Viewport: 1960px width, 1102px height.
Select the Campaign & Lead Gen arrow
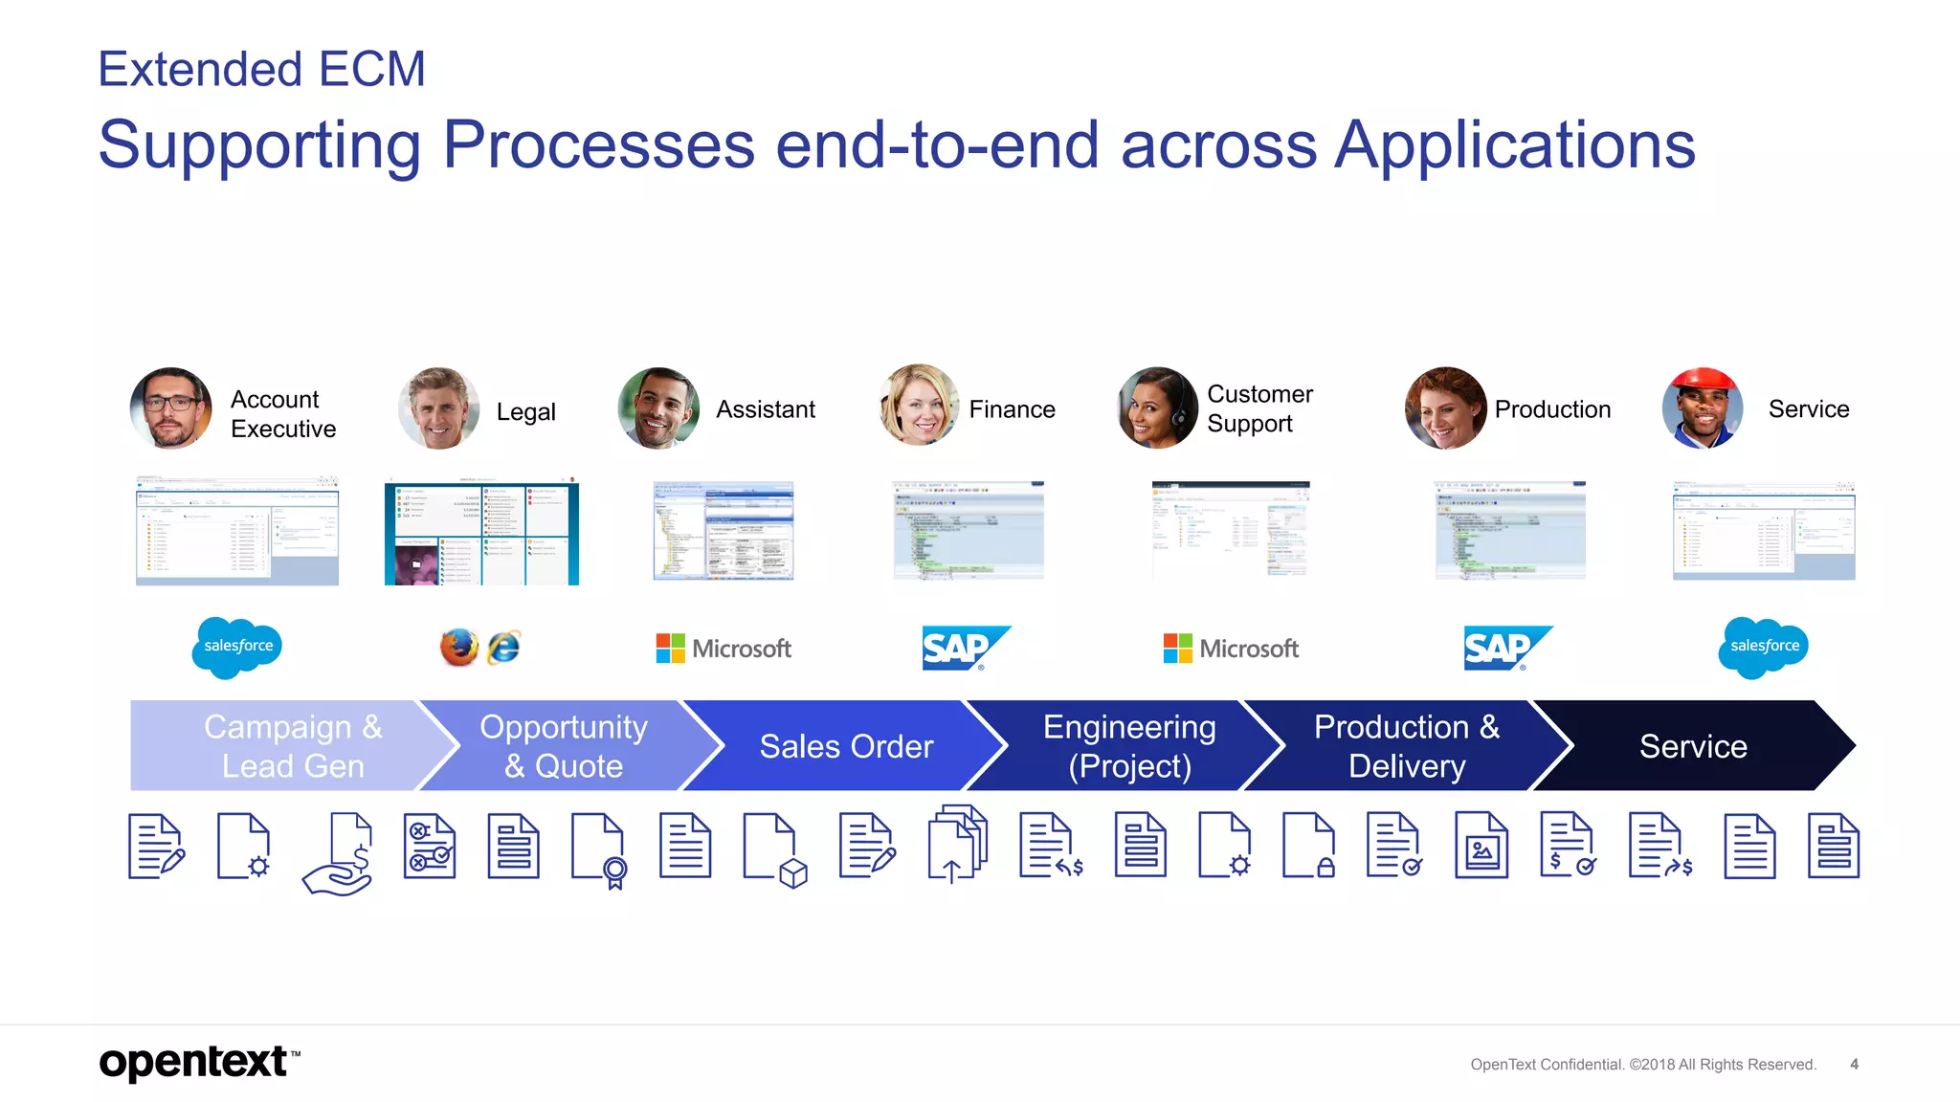click(x=287, y=745)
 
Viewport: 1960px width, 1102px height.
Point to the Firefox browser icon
click(x=458, y=648)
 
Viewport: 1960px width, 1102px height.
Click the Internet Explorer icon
click(x=503, y=648)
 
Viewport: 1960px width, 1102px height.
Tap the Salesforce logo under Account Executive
click(x=237, y=647)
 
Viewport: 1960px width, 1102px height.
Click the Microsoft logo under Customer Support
click(x=1231, y=648)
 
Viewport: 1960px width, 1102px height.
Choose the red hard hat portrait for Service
click(x=1703, y=408)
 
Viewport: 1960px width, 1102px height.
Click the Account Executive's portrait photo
click(x=170, y=408)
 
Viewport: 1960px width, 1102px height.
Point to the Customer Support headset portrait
click(x=1157, y=408)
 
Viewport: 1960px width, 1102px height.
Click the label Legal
click(x=525, y=411)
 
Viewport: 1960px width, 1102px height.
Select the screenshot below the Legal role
click(x=481, y=534)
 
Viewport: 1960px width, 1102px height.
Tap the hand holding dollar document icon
click(x=341, y=853)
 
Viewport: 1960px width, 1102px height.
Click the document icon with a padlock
click(x=1309, y=846)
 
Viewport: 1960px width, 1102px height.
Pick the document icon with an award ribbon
click(x=599, y=849)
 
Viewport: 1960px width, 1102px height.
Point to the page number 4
click(x=1854, y=1064)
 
